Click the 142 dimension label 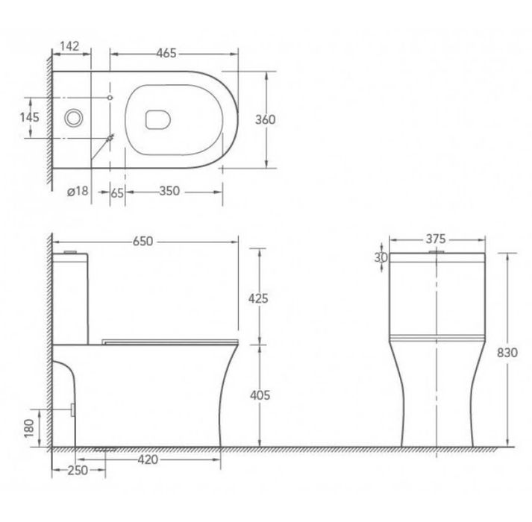[x=69, y=46]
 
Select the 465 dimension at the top [x=166, y=53]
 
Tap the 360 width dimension [x=266, y=120]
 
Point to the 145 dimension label [x=30, y=117]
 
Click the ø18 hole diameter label [x=78, y=192]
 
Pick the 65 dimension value [x=117, y=192]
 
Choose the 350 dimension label [x=169, y=191]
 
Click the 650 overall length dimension [x=143, y=241]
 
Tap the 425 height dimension [x=258, y=298]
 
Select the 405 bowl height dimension [x=260, y=395]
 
